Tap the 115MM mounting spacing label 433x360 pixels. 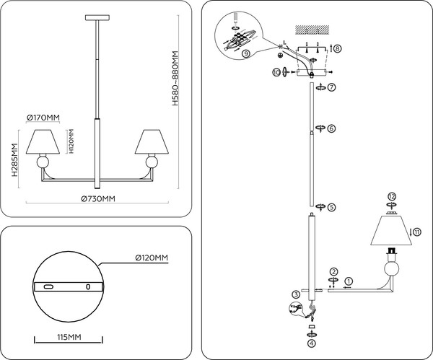pyautogui.click(x=69, y=337)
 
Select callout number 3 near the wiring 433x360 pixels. pyautogui.click(x=296, y=294)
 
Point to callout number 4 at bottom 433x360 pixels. pyautogui.click(x=311, y=344)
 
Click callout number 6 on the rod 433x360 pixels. pyautogui.click(x=331, y=128)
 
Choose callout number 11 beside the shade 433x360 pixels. pyautogui.click(x=416, y=231)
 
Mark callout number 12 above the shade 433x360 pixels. pyautogui.click(x=392, y=196)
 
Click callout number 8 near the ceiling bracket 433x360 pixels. pyautogui.click(x=337, y=48)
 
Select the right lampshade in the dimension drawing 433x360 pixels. pyautogui.click(x=152, y=143)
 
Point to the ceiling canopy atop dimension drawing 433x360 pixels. pyautogui.click(x=96, y=17)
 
